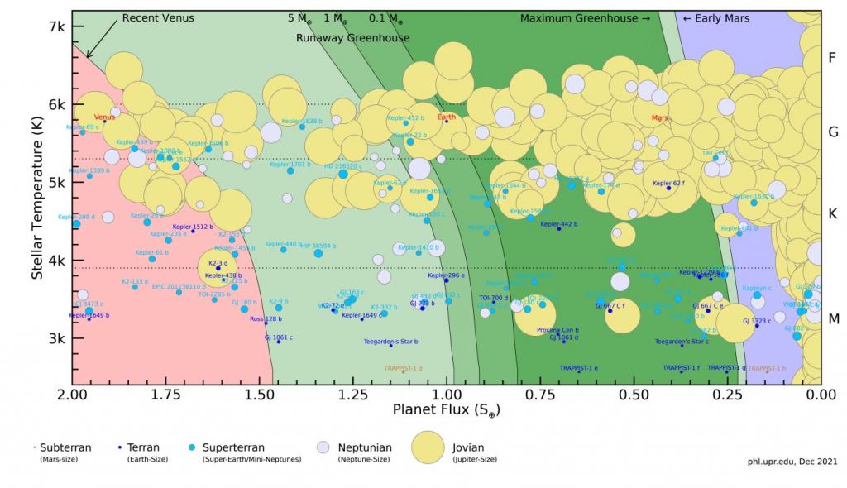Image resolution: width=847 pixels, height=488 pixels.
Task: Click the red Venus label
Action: pyautogui.click(x=104, y=117)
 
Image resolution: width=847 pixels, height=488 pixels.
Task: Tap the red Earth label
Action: pyautogui.click(x=447, y=117)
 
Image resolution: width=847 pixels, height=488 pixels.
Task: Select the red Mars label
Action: pyautogui.click(x=660, y=118)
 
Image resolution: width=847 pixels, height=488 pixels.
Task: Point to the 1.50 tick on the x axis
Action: pyautogui.click(x=260, y=395)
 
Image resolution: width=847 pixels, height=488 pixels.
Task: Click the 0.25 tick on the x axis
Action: pyautogui.click(x=728, y=395)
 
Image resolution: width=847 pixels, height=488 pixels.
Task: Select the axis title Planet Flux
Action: pyautogui.click(x=447, y=409)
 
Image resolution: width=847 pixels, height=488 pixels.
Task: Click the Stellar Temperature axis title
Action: pyautogui.click(x=37, y=199)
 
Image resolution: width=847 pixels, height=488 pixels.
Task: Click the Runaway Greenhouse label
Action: pyautogui.click(x=352, y=38)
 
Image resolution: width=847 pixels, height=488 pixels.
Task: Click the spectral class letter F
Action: pyautogui.click(x=833, y=58)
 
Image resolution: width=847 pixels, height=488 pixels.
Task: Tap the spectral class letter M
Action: pyautogui.click(x=833, y=318)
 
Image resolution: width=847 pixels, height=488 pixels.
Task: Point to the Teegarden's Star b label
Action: pyautogui.click(x=391, y=342)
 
